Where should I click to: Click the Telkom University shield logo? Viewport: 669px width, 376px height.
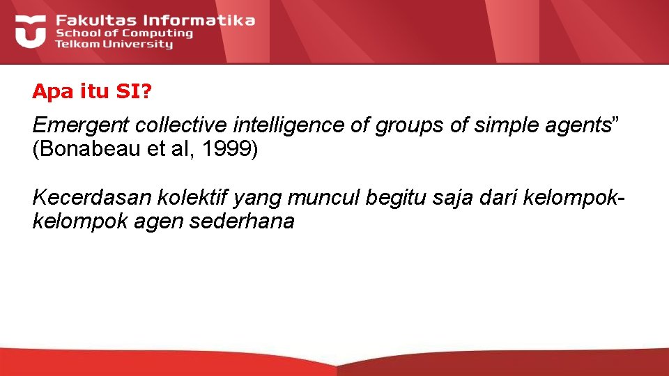point(30,31)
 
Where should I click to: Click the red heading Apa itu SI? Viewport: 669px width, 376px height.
point(91,91)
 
